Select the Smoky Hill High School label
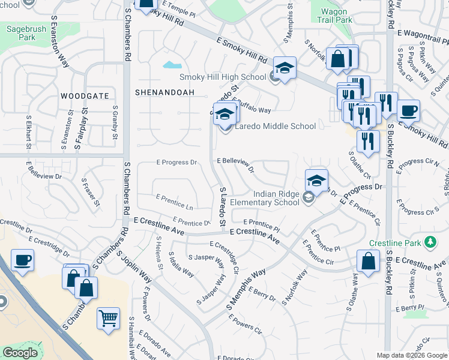223,77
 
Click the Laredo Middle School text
275,126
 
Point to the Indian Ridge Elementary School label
276,198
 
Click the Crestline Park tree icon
430,242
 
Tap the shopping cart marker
108,318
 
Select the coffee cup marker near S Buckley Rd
408,111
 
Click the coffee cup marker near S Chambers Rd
22,260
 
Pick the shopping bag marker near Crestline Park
368,261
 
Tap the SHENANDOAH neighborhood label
160,92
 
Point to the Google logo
20,353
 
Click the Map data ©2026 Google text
412,355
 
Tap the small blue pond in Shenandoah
172,64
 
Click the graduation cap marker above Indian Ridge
316,179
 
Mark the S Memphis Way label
246,290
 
